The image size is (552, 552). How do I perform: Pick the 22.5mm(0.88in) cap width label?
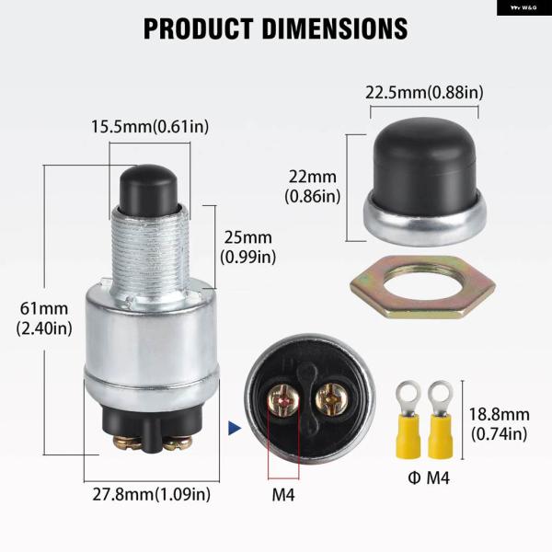tap(424, 92)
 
